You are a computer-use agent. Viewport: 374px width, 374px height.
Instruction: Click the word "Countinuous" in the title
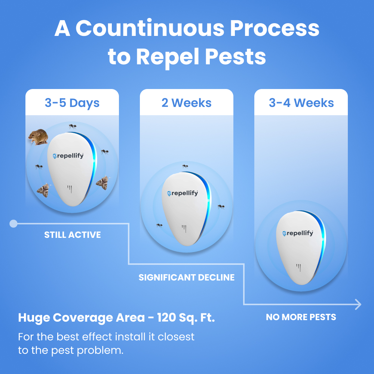coord(150,28)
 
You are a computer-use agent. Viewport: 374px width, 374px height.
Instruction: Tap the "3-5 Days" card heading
coord(72,103)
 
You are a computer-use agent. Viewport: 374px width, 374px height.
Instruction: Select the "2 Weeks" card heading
coord(187,103)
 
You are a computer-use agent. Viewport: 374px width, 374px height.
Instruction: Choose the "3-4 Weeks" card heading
coord(301,103)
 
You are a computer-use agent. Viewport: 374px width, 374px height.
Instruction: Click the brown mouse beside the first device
coord(38,137)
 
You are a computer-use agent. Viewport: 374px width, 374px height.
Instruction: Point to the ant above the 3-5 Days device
coord(73,126)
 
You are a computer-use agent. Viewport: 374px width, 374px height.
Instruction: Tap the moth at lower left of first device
coord(43,190)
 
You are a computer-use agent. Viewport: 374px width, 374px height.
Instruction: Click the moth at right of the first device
coord(102,183)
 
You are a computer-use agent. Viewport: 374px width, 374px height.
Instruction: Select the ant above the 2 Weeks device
coord(185,166)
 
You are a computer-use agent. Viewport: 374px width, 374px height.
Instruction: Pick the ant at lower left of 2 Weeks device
coord(159,226)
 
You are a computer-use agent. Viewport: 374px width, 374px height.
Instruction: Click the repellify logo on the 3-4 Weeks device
coord(298,233)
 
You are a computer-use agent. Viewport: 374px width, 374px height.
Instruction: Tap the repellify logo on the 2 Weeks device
coord(183,193)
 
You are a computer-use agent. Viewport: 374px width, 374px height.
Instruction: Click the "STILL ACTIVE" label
coord(73,235)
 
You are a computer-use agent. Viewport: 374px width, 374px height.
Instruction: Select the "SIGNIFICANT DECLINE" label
coord(187,278)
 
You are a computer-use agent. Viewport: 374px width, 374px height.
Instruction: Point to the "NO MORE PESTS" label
coord(301,317)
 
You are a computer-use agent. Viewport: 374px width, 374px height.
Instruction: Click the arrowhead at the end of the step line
coord(359,304)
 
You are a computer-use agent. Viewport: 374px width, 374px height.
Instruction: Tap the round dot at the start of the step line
coord(13,224)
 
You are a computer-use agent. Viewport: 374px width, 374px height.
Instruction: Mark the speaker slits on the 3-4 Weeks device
coord(298,268)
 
